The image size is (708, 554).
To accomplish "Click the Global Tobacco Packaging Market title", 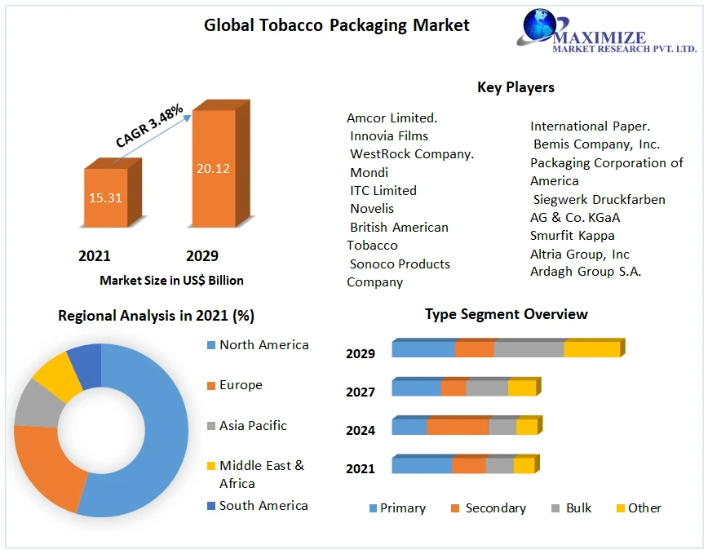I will (x=336, y=25).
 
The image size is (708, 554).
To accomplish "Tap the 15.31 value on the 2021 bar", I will (x=105, y=197).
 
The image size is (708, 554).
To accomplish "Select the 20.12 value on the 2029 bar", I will (x=212, y=169).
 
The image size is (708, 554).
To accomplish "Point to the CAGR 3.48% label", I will (x=149, y=126).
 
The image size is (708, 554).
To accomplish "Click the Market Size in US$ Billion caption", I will (x=171, y=280).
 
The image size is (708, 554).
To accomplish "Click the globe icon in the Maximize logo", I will (x=538, y=25).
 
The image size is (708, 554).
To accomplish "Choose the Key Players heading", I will (x=516, y=87).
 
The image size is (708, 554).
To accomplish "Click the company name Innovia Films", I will (x=388, y=136).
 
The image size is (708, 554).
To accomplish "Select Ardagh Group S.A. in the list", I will (x=585, y=272).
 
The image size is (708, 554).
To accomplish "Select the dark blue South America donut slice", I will (x=86, y=363).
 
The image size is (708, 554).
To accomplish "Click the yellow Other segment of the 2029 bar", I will (x=591, y=349).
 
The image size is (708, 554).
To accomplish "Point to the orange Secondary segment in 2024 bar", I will (x=457, y=427).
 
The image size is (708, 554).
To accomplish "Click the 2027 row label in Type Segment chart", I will (x=360, y=392).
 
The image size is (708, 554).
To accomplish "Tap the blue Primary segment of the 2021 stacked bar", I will (x=421, y=465).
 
